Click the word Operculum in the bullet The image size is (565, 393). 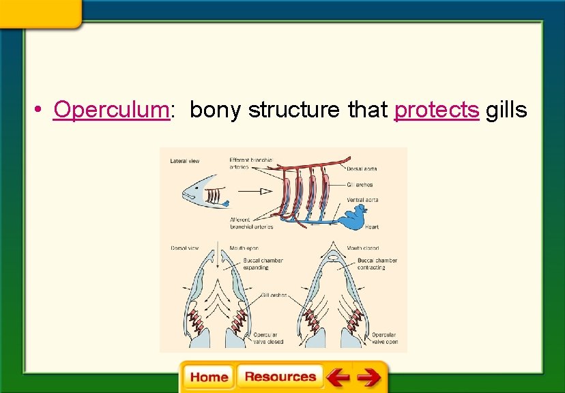pyautogui.click(x=111, y=109)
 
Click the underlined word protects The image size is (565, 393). pyautogui.click(x=437, y=109)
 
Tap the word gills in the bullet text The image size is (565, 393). pyautogui.click(x=506, y=109)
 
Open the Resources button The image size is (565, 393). pyautogui.click(x=280, y=377)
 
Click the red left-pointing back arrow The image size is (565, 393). pyautogui.click(x=338, y=377)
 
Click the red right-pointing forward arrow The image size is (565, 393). pyautogui.click(x=368, y=377)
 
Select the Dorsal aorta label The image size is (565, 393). pyautogui.click(x=362, y=169)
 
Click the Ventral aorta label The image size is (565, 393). pyautogui.click(x=362, y=200)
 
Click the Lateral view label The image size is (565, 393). pyautogui.click(x=184, y=161)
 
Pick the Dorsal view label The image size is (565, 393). pyautogui.click(x=184, y=248)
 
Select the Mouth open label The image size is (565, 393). pyautogui.click(x=244, y=248)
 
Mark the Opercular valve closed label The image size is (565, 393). pyautogui.click(x=270, y=338)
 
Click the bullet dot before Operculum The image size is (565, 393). pyautogui.click(x=42, y=110)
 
